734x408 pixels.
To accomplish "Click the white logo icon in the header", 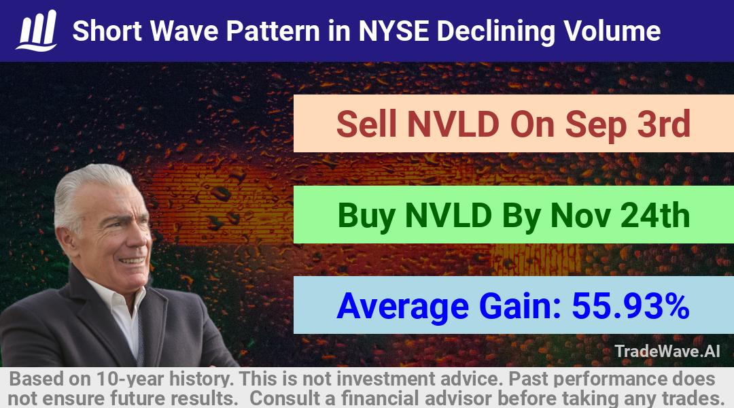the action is point(37,31).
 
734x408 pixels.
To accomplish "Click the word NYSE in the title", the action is point(394,31).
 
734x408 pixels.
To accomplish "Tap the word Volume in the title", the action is point(612,31).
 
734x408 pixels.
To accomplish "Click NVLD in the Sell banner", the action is point(453,124).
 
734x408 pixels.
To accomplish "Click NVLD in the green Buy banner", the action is point(449,216).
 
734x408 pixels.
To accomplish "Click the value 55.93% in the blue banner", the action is point(631,306).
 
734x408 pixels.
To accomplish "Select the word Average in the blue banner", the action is point(402,307).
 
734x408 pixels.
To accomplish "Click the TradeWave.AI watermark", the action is point(667,351).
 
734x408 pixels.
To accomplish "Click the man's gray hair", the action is point(89,188).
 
